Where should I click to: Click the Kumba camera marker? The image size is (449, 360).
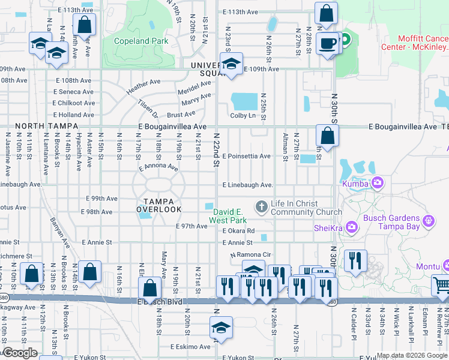pyautogui.click(x=378, y=182)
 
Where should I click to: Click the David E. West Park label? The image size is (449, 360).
pyautogui.click(x=229, y=216)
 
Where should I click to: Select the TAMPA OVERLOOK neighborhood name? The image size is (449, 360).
pyautogui.click(x=158, y=205)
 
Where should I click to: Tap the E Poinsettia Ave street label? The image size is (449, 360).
pyautogui.click(x=247, y=156)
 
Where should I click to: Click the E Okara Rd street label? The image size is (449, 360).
pyautogui.click(x=238, y=230)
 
